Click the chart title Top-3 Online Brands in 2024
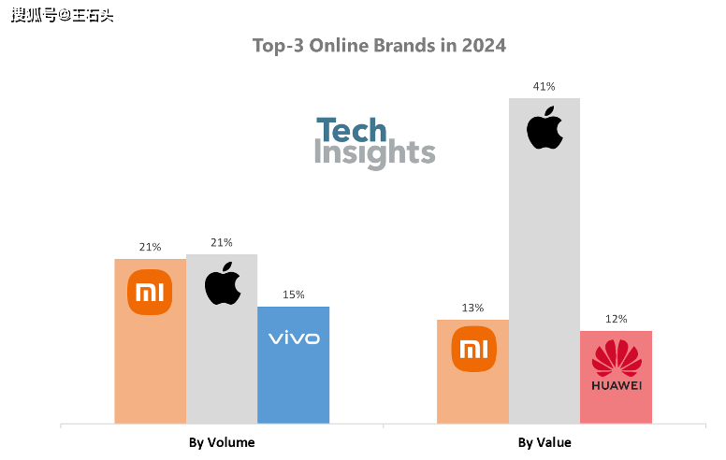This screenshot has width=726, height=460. (x=379, y=45)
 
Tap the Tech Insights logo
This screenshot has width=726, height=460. (x=374, y=142)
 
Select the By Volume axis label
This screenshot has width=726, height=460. (x=222, y=442)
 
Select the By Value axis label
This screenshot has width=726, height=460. (x=544, y=442)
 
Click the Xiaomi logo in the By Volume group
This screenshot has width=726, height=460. (x=151, y=293)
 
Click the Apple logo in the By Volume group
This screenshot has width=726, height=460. (x=223, y=283)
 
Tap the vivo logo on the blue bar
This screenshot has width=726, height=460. (x=294, y=338)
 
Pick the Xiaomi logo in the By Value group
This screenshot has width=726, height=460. (x=473, y=350)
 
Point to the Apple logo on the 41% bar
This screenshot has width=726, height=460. (x=544, y=128)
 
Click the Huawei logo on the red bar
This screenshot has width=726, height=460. (x=616, y=366)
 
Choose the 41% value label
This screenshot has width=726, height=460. (x=544, y=86)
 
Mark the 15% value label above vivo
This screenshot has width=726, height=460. (x=294, y=295)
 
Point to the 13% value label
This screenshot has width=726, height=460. (x=473, y=308)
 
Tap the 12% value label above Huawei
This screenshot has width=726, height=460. (x=616, y=319)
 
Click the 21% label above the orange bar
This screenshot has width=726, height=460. (x=151, y=247)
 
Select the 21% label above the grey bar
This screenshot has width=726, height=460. (x=222, y=242)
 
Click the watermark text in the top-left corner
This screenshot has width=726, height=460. (x=62, y=15)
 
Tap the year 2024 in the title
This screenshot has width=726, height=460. (x=485, y=45)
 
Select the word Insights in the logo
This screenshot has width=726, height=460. (x=374, y=154)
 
